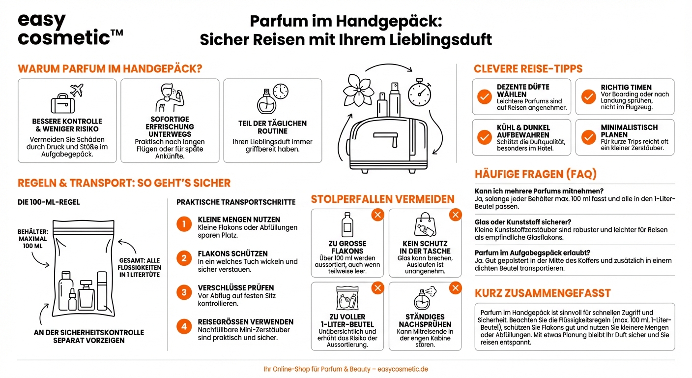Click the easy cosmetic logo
(x=69, y=30)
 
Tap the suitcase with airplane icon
(x=67, y=99)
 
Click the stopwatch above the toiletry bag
(x=419, y=91)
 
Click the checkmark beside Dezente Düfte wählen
(x=485, y=97)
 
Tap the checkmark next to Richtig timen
(x=588, y=97)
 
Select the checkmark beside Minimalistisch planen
(x=588, y=137)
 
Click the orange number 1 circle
(x=184, y=224)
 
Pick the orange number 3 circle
(x=184, y=292)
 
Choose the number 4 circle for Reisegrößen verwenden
(x=184, y=326)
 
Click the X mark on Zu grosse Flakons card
(x=377, y=215)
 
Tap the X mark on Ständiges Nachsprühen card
(x=455, y=288)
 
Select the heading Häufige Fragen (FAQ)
(x=536, y=174)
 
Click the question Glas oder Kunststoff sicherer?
(x=523, y=222)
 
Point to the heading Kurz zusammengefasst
(x=543, y=293)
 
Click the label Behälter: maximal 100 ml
(x=33, y=238)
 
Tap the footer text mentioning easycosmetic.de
(x=346, y=369)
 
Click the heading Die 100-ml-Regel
(x=49, y=202)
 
